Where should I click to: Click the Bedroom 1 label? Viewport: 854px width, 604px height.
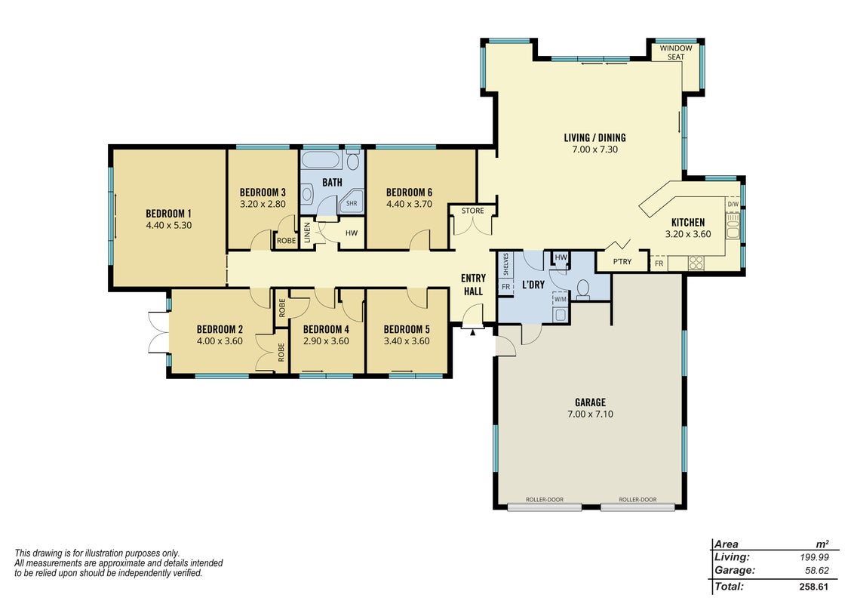tap(169, 214)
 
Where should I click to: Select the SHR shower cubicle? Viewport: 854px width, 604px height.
tap(352, 202)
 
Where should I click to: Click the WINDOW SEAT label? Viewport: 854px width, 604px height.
tap(676, 52)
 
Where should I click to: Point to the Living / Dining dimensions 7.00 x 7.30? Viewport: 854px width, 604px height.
tap(594, 149)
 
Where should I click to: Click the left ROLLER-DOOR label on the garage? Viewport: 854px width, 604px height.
tap(544, 499)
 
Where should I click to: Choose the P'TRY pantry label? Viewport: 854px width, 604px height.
tap(622, 262)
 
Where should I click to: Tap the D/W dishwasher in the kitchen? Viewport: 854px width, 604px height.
tap(733, 205)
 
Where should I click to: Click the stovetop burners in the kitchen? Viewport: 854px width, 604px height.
tap(696, 263)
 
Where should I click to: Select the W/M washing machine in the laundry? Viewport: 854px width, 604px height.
tap(560, 299)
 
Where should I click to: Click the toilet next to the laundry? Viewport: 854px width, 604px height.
tap(582, 289)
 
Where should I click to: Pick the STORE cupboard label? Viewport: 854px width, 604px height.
tap(473, 211)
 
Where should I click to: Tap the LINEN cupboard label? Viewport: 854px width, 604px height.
tap(307, 233)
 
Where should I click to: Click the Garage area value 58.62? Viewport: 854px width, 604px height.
tap(816, 571)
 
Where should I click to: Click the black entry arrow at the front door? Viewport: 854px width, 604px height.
tap(473, 331)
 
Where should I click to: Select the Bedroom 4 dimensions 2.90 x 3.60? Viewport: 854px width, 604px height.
tap(326, 341)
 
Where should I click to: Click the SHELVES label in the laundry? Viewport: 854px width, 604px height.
tap(506, 263)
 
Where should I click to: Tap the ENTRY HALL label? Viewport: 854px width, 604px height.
tap(473, 285)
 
